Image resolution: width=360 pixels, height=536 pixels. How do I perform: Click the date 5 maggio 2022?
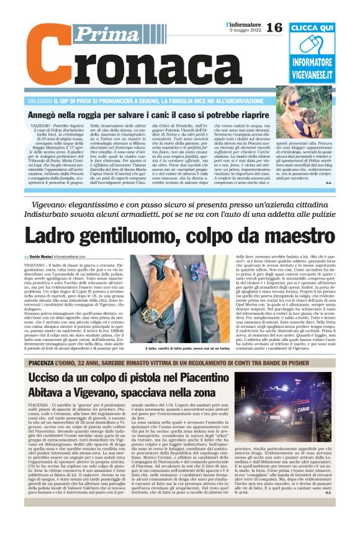243,31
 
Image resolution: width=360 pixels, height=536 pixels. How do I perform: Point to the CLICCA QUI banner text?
312,29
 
